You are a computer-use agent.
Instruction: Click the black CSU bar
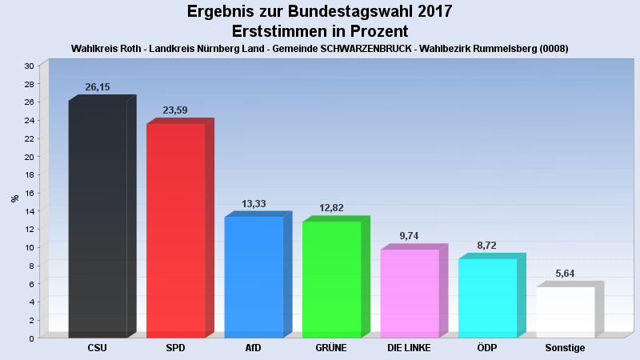(98, 220)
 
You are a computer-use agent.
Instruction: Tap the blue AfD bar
(254, 277)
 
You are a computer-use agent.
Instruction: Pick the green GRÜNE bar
(332, 279)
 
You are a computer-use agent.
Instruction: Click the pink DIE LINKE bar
(410, 293)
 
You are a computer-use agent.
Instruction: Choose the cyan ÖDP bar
(488, 298)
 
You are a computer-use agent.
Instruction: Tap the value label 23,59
(175, 110)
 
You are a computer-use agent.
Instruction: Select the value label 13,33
(254, 204)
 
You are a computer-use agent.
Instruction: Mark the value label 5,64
(565, 274)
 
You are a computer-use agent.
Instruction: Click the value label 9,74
(410, 236)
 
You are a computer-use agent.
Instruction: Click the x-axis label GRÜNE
(332, 348)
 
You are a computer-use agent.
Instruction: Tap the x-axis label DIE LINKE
(409, 348)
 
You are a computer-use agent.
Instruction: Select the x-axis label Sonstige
(565, 348)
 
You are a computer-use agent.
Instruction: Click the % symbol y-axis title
(14, 198)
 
